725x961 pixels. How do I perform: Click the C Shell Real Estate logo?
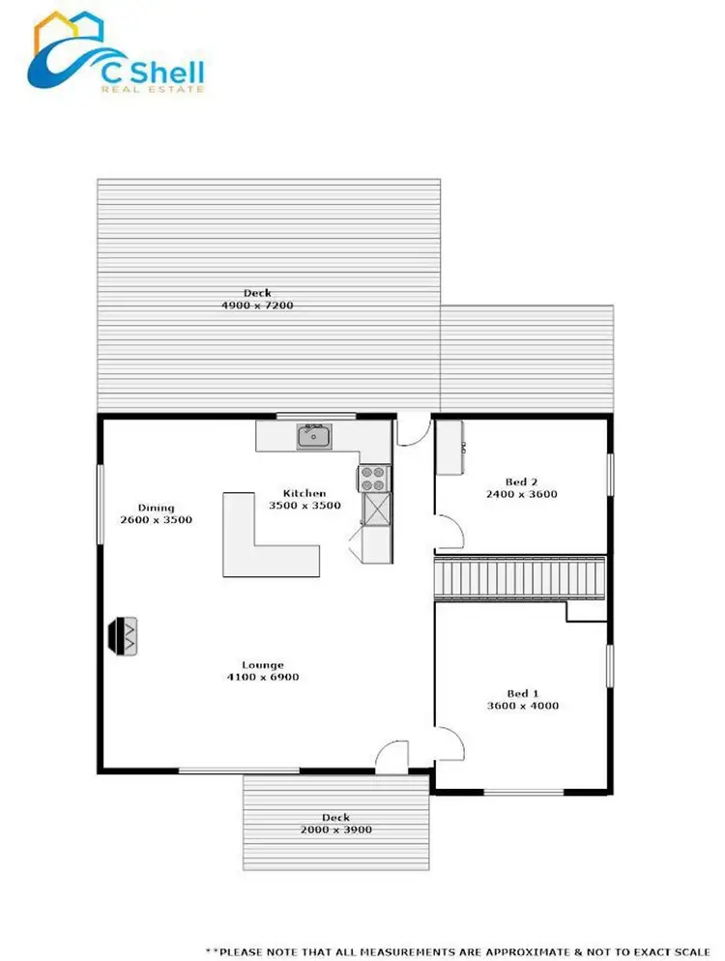(115, 56)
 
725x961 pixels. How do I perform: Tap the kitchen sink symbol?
(313, 437)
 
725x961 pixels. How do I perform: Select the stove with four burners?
(373, 477)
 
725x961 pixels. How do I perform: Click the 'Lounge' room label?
(263, 664)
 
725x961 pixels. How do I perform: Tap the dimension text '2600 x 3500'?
(157, 520)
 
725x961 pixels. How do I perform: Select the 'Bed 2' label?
(522, 481)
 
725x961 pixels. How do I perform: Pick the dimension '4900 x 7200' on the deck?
(257, 306)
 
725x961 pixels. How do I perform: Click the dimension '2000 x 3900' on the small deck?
(335, 830)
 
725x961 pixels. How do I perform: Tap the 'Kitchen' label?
(304, 492)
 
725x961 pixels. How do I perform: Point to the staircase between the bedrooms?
(520, 578)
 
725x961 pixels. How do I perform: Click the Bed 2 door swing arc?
(450, 530)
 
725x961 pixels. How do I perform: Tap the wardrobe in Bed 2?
(449, 447)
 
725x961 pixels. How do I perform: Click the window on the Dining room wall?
(100, 504)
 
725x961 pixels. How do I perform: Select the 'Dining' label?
(156, 508)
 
